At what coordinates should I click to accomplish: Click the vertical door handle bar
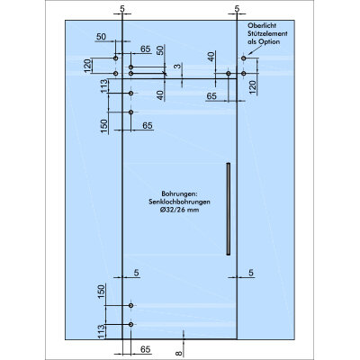point(229,209)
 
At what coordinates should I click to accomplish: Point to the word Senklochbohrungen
point(179,202)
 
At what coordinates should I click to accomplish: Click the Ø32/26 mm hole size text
point(179,210)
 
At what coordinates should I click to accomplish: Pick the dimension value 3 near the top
point(178,66)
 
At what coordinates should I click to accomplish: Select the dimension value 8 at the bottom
point(179,354)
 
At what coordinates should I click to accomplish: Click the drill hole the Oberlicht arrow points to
point(244,58)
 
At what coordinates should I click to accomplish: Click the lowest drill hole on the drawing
point(130,324)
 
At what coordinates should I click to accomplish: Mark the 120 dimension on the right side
point(253,87)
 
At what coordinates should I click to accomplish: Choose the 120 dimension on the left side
point(87,66)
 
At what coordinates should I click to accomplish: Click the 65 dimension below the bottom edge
point(146,349)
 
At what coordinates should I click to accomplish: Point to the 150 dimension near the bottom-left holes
point(102,292)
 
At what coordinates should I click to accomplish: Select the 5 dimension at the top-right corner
point(237,9)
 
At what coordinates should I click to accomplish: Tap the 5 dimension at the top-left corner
point(122,9)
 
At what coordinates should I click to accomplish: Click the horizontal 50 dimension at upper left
point(101,37)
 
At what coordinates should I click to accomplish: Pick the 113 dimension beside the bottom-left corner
point(102,332)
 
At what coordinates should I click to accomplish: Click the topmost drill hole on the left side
point(116,58)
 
